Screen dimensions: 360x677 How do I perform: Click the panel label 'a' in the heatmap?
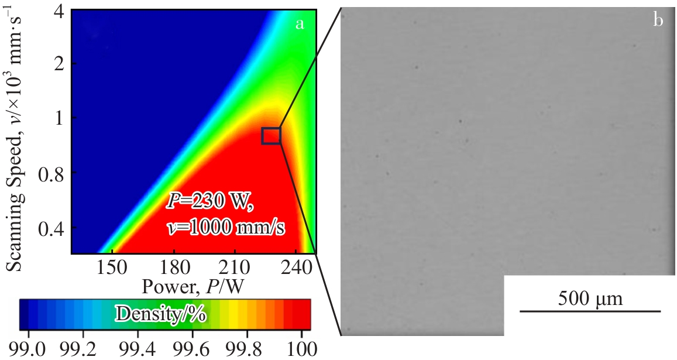coord(300,23)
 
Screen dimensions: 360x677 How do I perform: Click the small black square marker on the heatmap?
coord(271,136)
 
